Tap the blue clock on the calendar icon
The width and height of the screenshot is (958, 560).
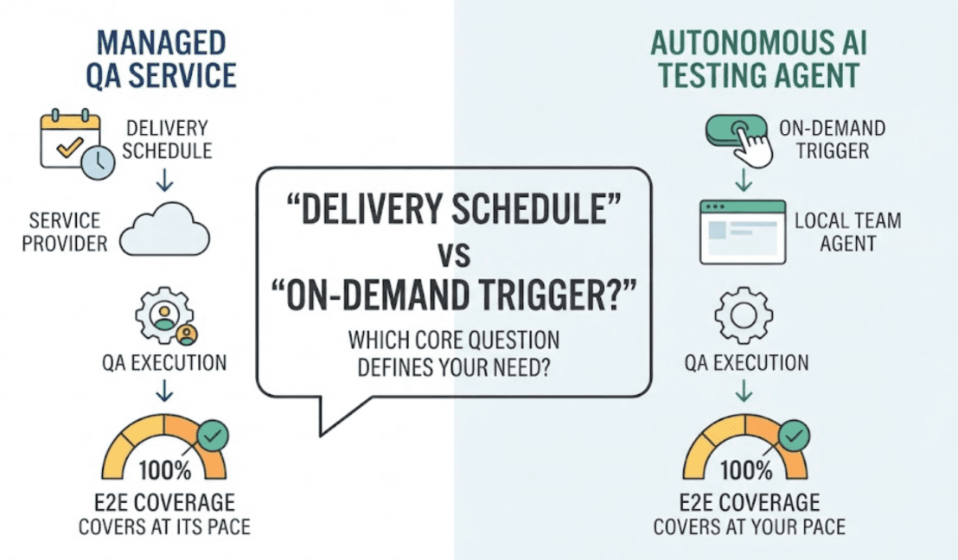(x=98, y=162)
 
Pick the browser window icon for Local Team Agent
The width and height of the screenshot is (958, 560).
(x=743, y=232)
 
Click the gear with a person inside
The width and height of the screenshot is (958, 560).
(x=163, y=315)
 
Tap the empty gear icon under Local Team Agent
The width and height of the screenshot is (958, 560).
(x=744, y=315)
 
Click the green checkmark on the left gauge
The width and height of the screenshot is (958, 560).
(x=213, y=436)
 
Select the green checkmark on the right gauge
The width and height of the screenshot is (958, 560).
(x=794, y=436)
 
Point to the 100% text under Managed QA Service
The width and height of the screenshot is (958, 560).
(x=165, y=470)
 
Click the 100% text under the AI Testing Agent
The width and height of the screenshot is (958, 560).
(x=746, y=470)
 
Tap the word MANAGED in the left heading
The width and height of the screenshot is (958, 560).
(x=162, y=43)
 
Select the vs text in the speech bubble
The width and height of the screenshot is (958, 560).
(x=454, y=254)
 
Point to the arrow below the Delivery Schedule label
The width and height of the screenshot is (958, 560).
(x=164, y=180)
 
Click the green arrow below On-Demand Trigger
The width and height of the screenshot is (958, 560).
(x=744, y=180)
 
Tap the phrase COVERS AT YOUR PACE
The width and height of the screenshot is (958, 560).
(x=749, y=527)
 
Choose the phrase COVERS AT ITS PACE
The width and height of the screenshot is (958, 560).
(x=164, y=527)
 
